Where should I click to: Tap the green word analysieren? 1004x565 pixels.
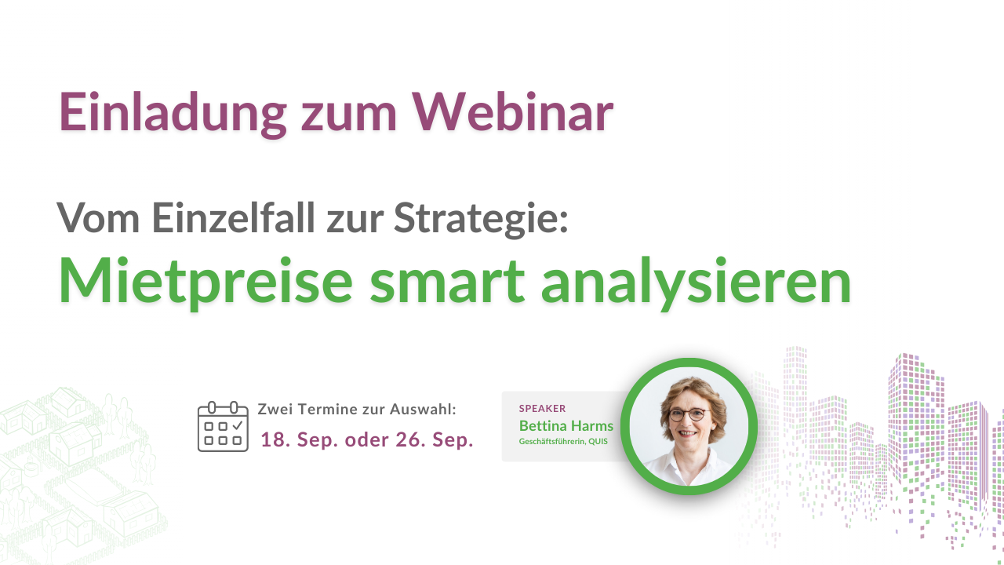696,282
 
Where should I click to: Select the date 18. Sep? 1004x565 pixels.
295,440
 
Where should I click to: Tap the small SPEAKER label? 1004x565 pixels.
542,408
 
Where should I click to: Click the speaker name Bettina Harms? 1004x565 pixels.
566,426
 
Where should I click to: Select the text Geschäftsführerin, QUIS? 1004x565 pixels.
563,442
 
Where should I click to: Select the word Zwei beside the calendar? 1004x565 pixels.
274,410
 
